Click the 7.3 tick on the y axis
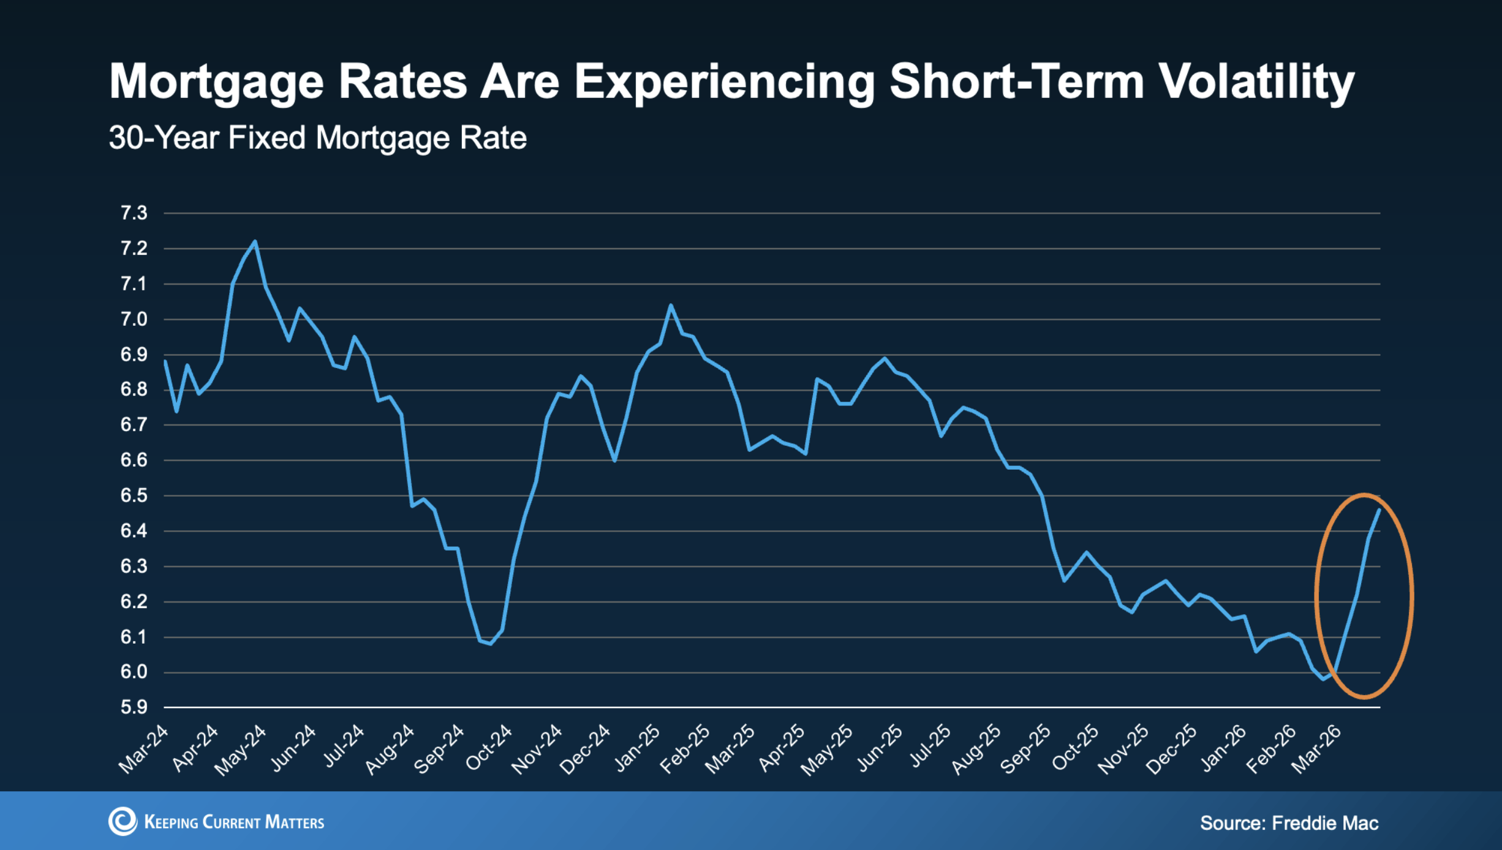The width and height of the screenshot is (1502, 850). point(134,213)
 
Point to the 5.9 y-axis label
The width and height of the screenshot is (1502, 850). point(134,708)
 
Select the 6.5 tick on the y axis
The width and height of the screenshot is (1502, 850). point(134,495)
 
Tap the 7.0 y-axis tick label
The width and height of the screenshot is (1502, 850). point(134,319)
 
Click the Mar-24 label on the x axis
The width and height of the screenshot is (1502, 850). point(143,750)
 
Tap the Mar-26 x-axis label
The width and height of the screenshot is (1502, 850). point(1317,750)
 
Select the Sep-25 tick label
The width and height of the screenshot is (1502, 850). point(1026,750)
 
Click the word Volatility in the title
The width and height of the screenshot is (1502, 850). point(1257,82)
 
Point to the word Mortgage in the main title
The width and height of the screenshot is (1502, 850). point(216,82)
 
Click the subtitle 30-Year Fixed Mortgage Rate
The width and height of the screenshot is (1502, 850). point(317,138)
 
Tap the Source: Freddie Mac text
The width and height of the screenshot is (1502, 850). point(1289,823)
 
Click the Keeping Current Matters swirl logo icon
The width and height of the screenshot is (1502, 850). point(123,821)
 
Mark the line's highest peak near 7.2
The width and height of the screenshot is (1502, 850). point(255,242)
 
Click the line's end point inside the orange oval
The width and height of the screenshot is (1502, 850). point(1379,510)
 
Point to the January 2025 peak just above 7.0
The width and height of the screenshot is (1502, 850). point(671,305)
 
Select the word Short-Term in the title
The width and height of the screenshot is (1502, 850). point(1017,82)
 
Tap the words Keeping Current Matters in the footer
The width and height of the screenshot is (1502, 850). point(234,822)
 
